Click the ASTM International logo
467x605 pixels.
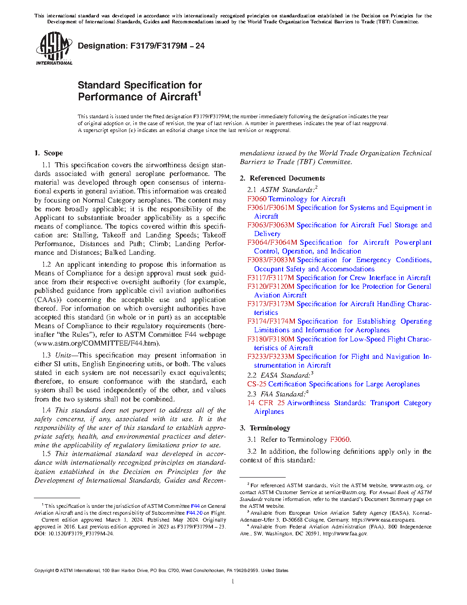(x=54, y=48)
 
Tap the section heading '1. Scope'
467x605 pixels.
(x=49, y=153)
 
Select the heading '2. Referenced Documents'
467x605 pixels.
(x=282, y=178)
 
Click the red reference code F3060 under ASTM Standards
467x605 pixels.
(x=257, y=199)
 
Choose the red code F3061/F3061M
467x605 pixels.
(x=271, y=208)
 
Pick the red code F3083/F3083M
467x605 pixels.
(x=271, y=260)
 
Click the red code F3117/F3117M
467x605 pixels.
(x=271, y=278)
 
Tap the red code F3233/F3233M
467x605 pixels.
(x=271, y=357)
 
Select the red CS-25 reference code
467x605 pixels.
(x=256, y=384)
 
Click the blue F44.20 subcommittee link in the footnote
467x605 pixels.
(x=194, y=513)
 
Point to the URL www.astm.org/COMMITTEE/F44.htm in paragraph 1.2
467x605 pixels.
(x=97, y=343)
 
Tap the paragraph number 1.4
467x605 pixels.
(x=47, y=410)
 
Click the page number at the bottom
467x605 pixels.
(x=233, y=582)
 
